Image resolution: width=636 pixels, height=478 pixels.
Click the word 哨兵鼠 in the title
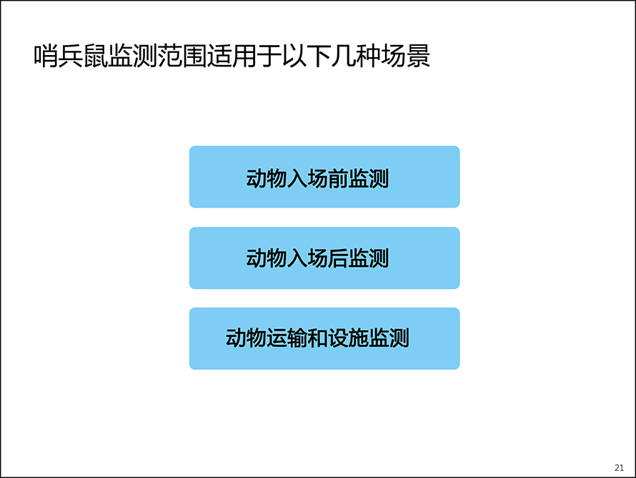pos(71,56)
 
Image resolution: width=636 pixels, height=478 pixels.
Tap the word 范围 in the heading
pos(182,56)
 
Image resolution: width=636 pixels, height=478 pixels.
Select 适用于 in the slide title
pos(244,56)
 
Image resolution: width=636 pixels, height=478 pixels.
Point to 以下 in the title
pos(307,56)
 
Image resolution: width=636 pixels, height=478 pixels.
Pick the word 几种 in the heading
pos(356,56)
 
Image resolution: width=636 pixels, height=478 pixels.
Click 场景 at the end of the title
pos(405,56)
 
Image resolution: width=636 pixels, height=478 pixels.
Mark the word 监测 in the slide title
pos(133,56)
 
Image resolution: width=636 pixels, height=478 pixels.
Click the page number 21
pos(619,467)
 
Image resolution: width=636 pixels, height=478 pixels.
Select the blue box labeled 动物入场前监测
pos(324,177)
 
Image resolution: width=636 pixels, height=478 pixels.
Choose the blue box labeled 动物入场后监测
pos(324,258)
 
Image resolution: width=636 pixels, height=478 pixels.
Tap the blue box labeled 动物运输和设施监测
pos(324,338)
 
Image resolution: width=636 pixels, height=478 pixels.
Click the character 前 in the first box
pos(338,178)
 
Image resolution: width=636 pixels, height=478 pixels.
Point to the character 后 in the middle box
pos(338,258)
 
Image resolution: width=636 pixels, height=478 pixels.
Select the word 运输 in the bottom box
pos(287,338)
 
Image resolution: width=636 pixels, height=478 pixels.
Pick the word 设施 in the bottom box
pos(348,338)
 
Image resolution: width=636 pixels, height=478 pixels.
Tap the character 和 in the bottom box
pos(317,338)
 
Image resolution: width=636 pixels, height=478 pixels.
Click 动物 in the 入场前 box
pos(267,178)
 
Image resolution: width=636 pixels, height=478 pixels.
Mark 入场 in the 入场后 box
pos(307,258)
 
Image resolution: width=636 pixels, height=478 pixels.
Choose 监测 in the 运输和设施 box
pos(389,338)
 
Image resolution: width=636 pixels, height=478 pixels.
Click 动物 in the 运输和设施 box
pos(247,338)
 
